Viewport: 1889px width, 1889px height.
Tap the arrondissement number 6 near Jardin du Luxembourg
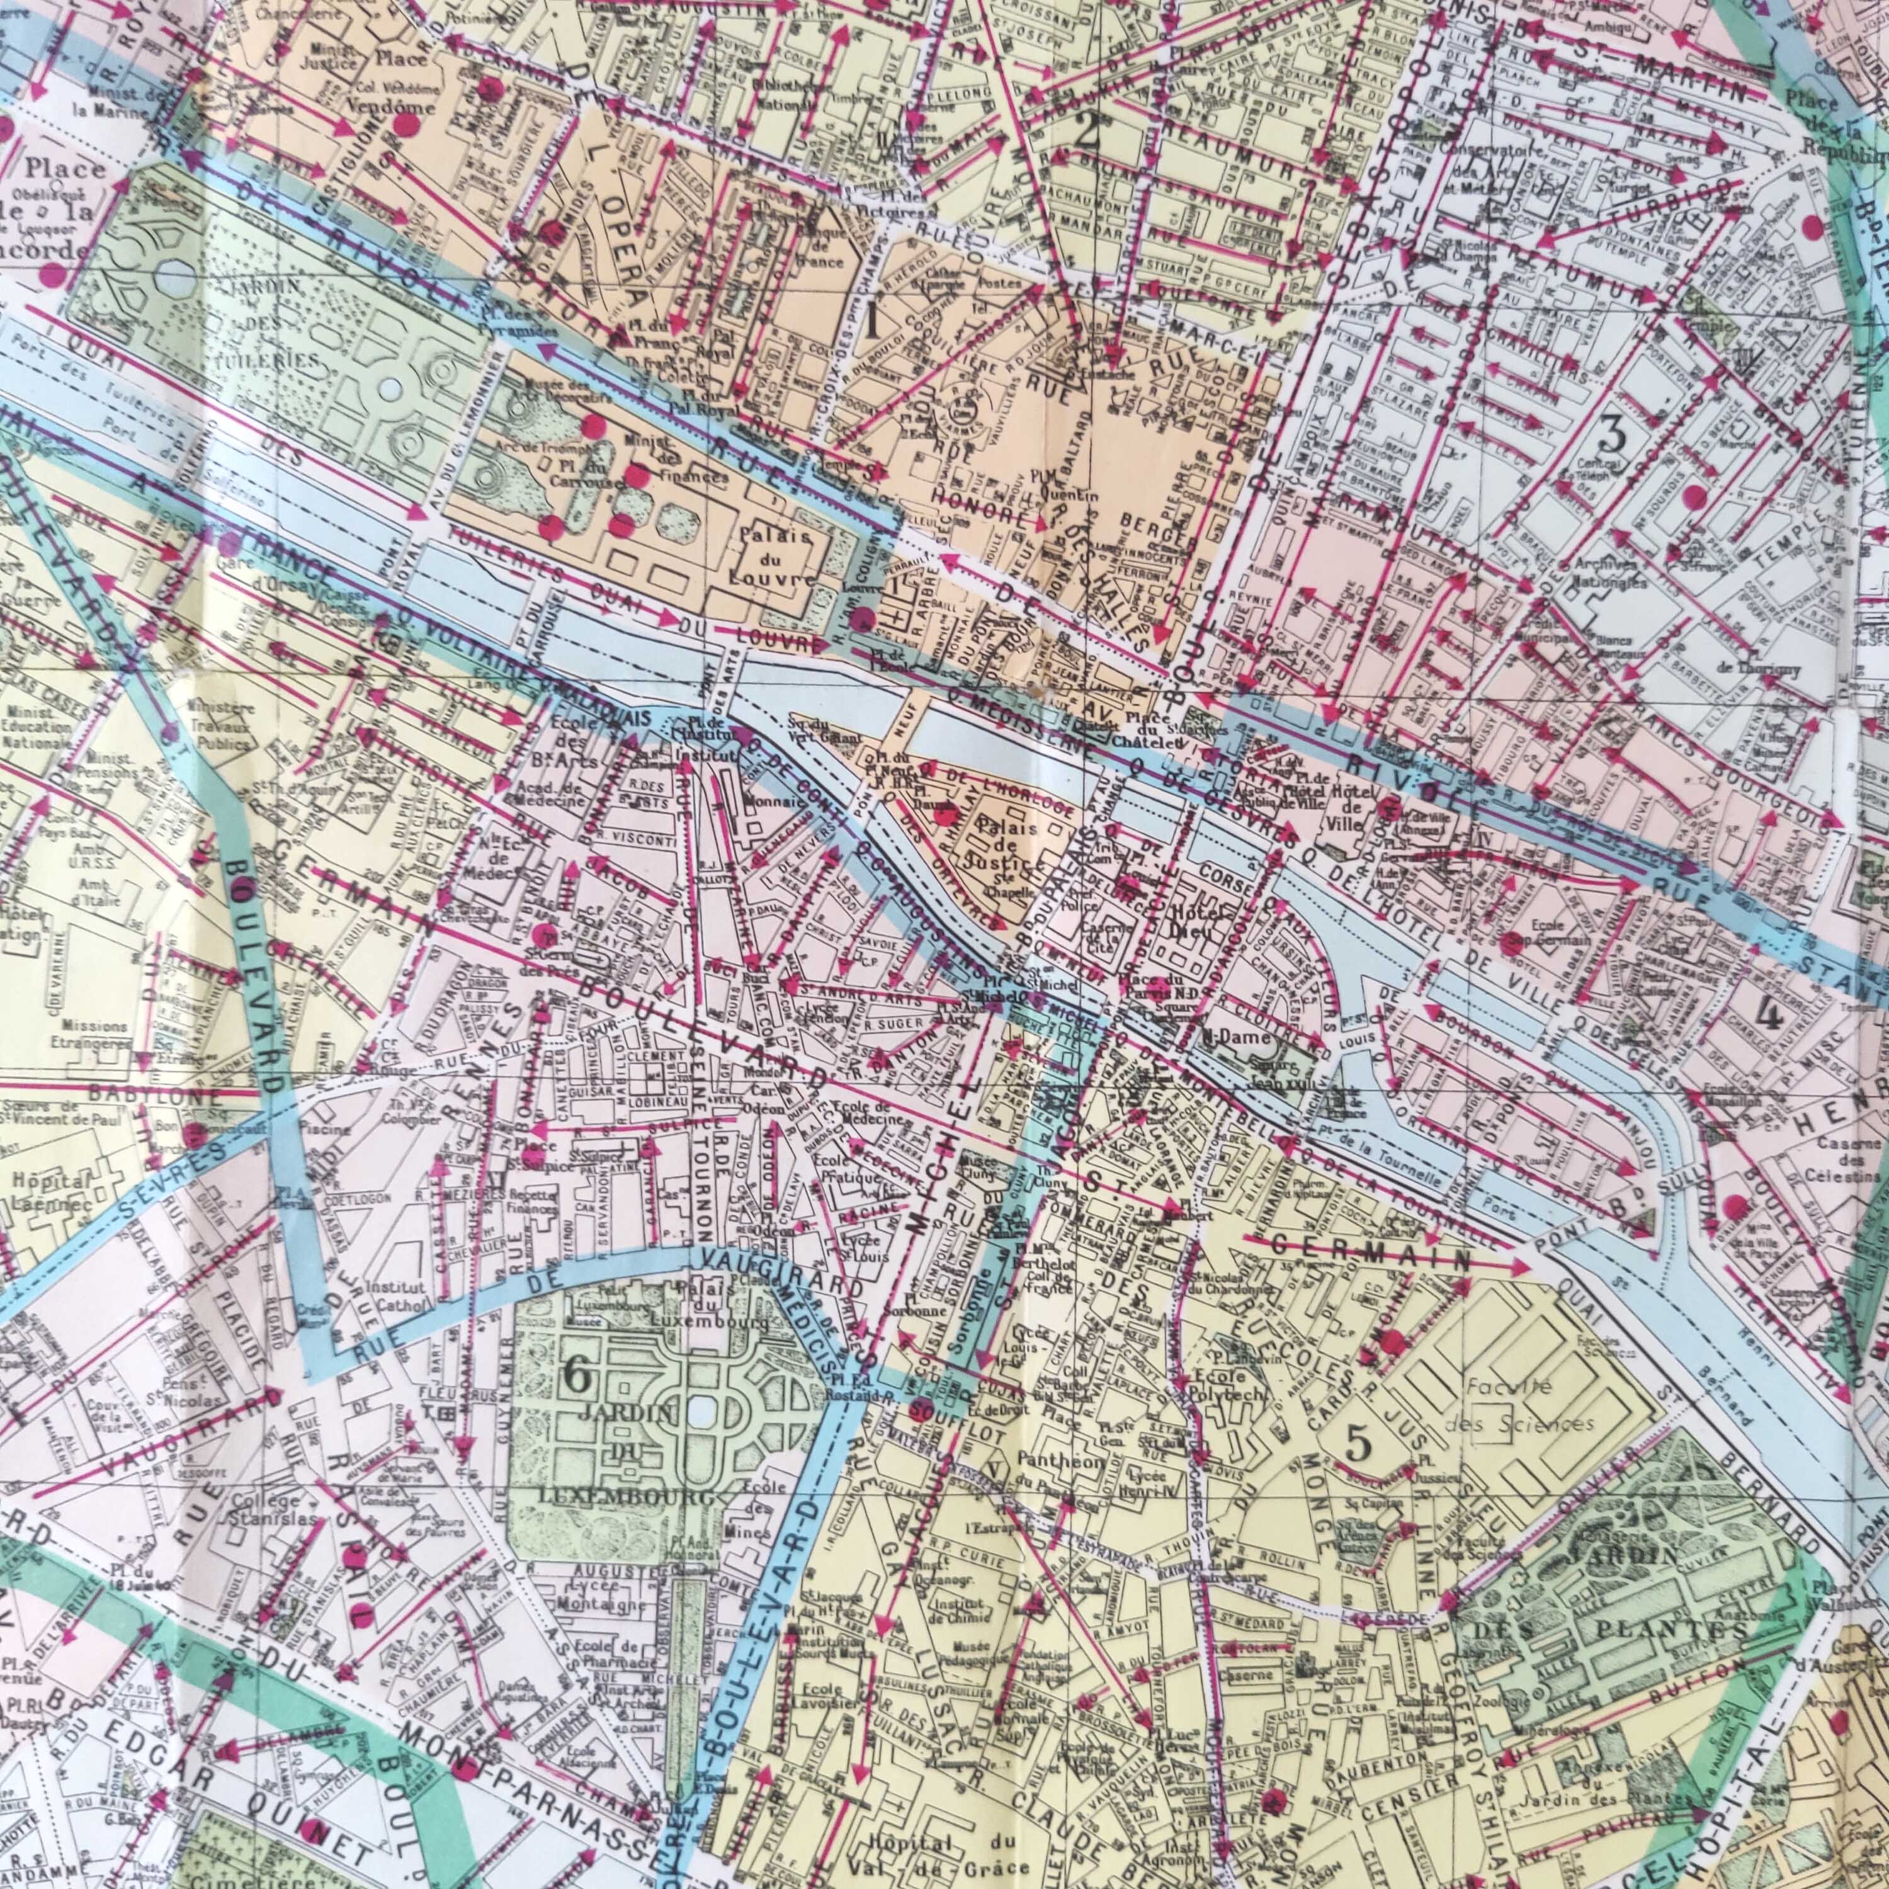pyautogui.click(x=577, y=1376)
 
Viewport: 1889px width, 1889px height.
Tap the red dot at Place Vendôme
pyautogui.click(x=403, y=124)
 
